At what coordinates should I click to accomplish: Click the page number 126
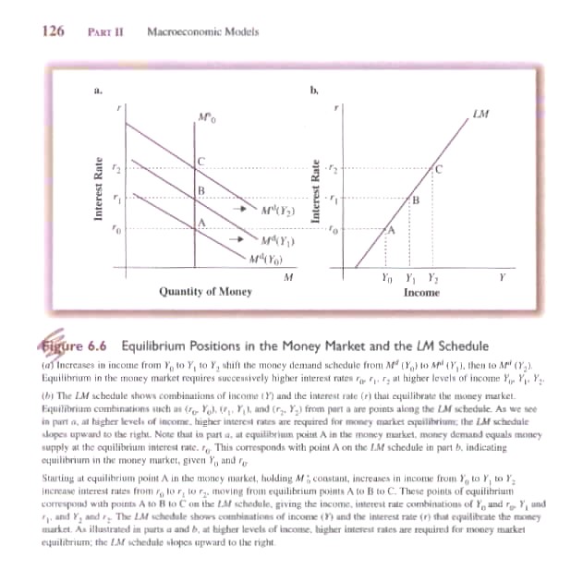[53, 31]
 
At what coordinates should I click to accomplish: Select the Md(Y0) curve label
[268, 259]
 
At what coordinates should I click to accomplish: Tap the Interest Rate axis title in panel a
[97, 199]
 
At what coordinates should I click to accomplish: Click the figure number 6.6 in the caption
[97, 346]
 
